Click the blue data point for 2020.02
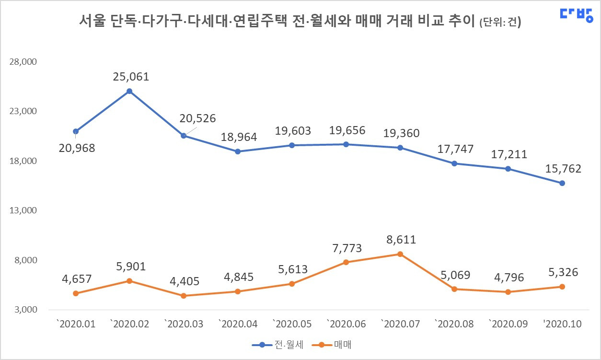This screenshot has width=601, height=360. (x=129, y=91)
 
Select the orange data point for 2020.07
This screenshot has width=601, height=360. (x=400, y=254)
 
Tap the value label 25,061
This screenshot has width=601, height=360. (x=131, y=77)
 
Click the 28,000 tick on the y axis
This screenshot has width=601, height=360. (x=23, y=62)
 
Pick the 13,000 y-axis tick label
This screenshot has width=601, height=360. (x=23, y=210)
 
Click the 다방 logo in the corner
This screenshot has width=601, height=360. (x=576, y=14)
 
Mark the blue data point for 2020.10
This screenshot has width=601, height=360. (x=562, y=183)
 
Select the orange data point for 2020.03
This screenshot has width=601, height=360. (x=184, y=296)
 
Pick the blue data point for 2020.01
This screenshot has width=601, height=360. (x=76, y=131)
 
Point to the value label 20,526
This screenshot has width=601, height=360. (x=198, y=118)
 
